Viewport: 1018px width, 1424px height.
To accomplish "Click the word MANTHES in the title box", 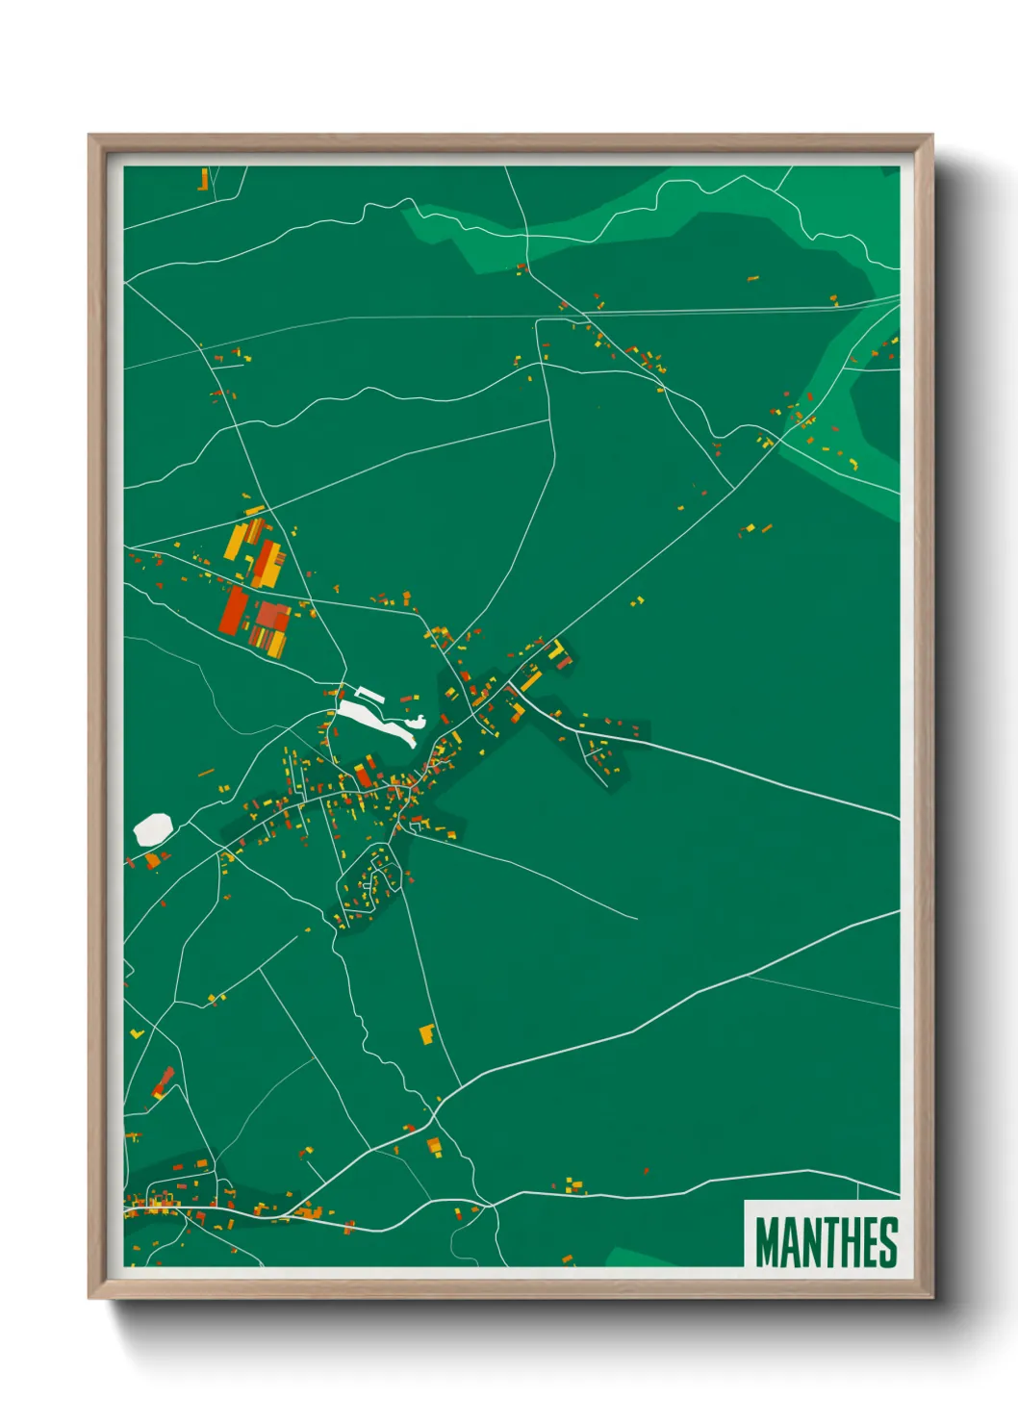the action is pyautogui.click(x=827, y=1241).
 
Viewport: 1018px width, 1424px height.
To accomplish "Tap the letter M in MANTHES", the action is pyautogui.click(x=768, y=1242).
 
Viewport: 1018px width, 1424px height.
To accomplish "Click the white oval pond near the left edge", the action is pyautogui.click(x=153, y=828).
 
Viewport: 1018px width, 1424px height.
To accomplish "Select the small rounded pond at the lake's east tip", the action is pyautogui.click(x=417, y=721).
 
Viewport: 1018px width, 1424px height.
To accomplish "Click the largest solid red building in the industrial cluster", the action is pyautogui.click(x=233, y=610).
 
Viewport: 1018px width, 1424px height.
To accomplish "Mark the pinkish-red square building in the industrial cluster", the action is pyautogui.click(x=272, y=616).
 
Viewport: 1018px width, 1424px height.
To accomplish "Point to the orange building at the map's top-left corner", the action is pyautogui.click(x=204, y=179).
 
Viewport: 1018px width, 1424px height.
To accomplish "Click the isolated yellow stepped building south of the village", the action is pyautogui.click(x=427, y=1034).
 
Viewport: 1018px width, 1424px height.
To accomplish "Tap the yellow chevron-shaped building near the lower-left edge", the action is pyautogui.click(x=137, y=1033).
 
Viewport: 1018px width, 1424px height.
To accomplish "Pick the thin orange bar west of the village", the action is pyautogui.click(x=206, y=772).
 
